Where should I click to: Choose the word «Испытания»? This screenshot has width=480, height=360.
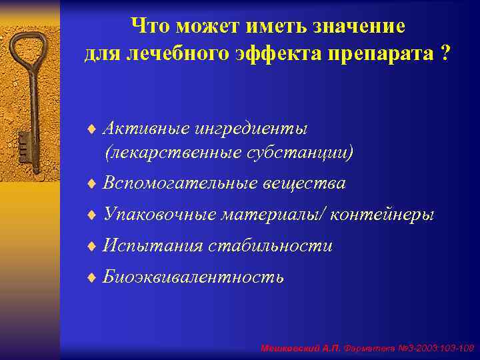coord(153,246)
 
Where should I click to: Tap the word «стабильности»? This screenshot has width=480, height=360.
coord(270,246)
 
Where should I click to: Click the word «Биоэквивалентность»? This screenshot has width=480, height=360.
coord(193,277)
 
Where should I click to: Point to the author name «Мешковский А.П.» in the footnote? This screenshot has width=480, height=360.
coord(300,348)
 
